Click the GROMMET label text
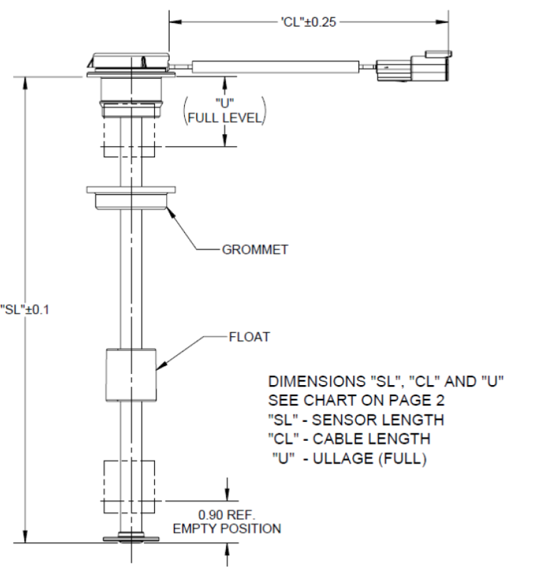pos(255,250)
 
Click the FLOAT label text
pos(248,338)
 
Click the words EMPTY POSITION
pos(228,528)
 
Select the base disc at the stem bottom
pos(131,539)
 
